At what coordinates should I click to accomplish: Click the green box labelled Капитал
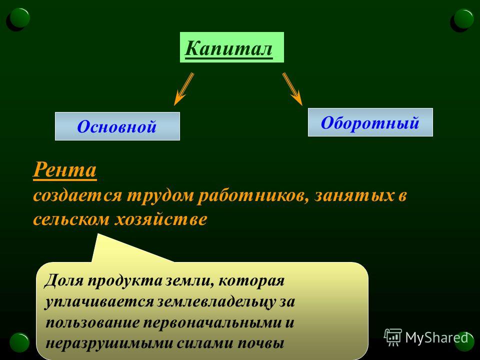pyautogui.click(x=231, y=47)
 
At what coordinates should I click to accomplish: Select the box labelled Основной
pyautogui.click(x=117, y=126)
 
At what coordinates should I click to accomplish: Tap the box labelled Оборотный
pyautogui.click(x=370, y=122)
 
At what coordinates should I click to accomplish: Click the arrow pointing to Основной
pyautogui.click(x=183, y=89)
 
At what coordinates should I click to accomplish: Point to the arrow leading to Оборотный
pyautogui.click(x=292, y=89)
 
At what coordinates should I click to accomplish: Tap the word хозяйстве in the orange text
pyautogui.click(x=160, y=219)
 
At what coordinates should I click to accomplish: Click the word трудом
pyautogui.click(x=160, y=196)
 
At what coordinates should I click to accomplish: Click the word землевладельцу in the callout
pyautogui.click(x=216, y=302)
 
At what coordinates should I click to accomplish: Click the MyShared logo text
pyautogui.click(x=436, y=338)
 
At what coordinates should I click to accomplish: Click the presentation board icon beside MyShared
pyautogui.click(x=393, y=337)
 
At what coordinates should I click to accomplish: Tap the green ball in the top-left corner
pyautogui.click(x=19, y=18)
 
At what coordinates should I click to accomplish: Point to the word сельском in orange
pyautogui.click(x=71, y=219)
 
